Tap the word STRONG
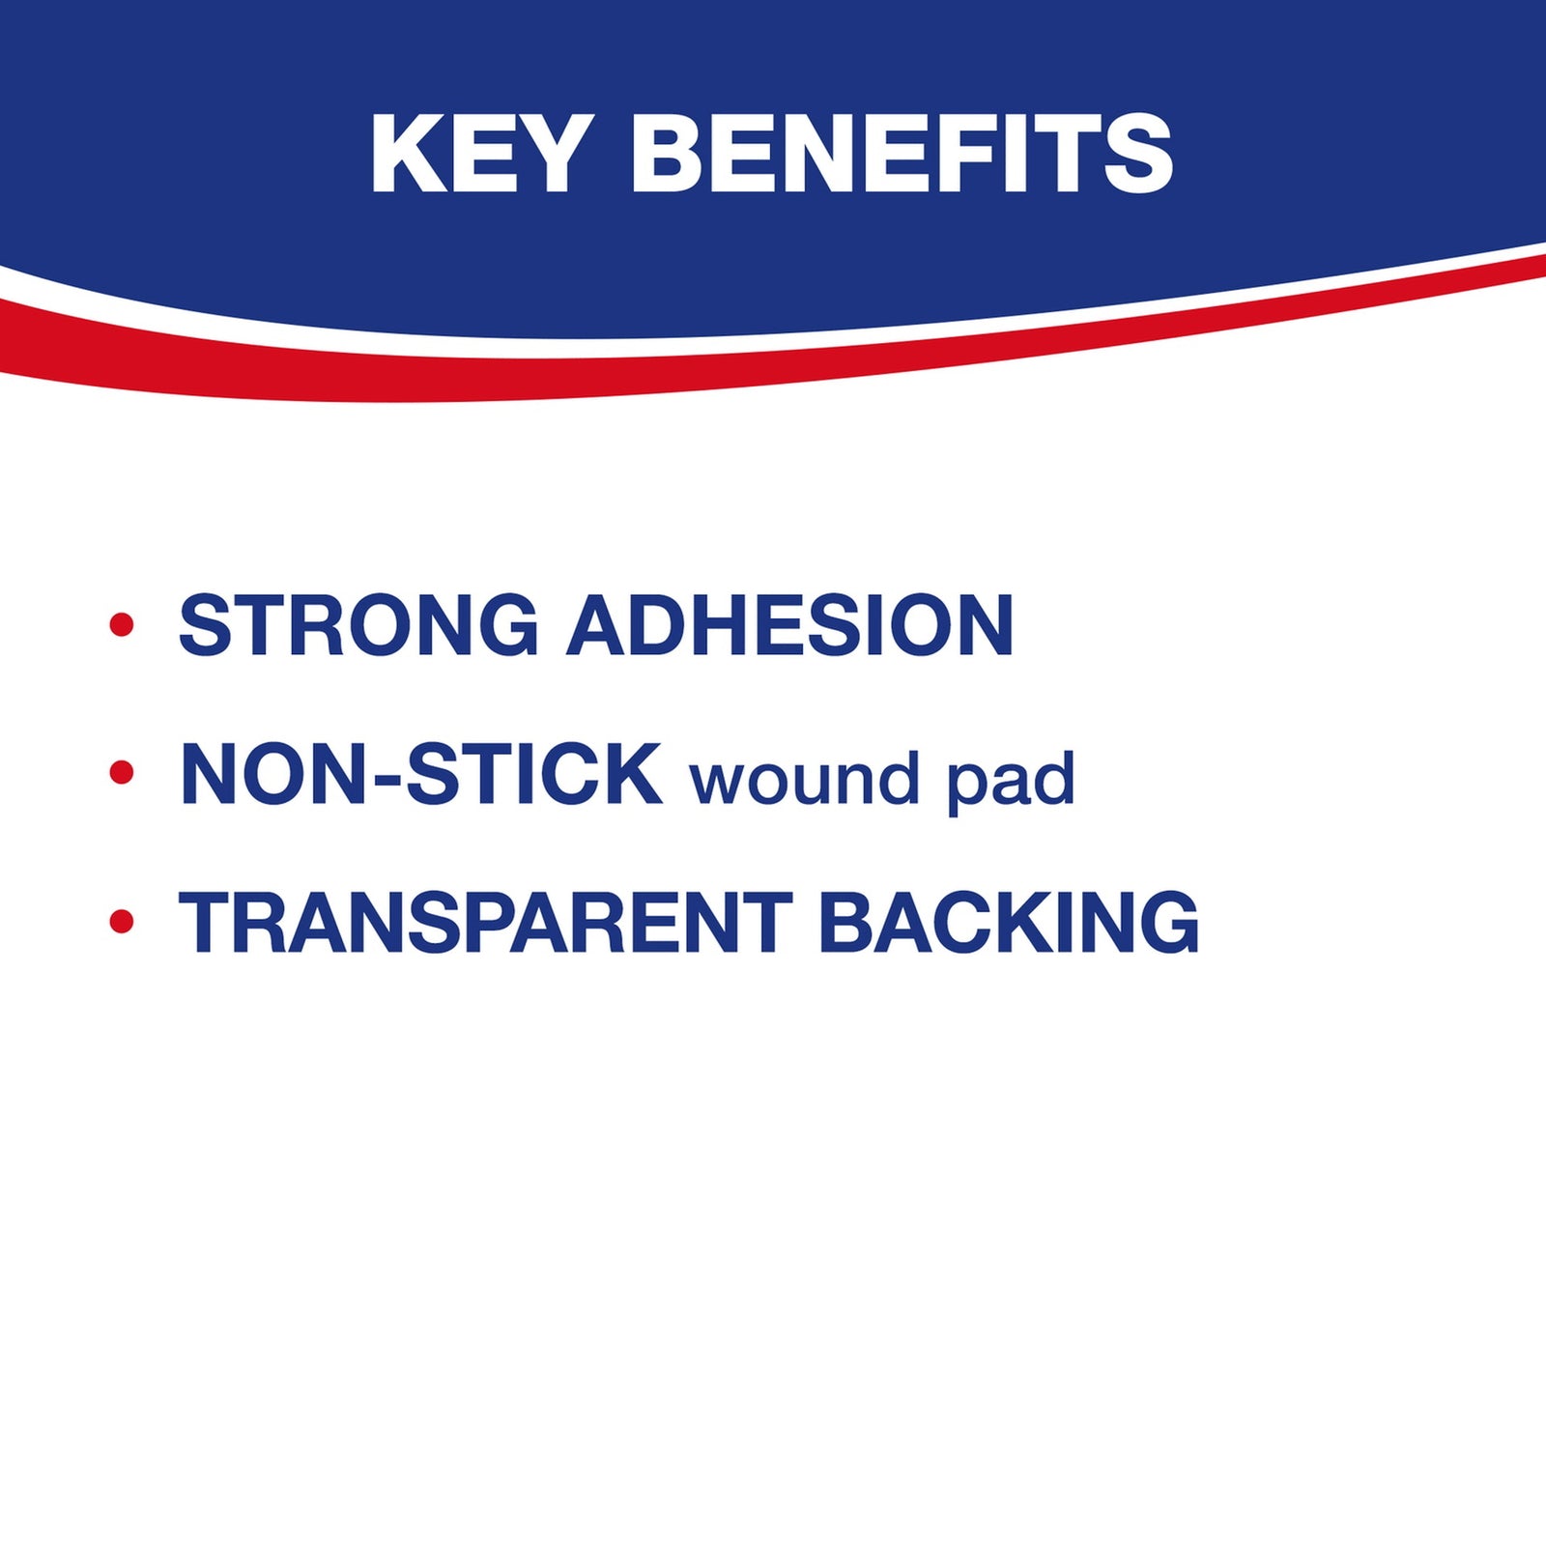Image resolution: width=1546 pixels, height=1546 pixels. tap(358, 625)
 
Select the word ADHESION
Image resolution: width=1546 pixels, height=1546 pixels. tap(789, 625)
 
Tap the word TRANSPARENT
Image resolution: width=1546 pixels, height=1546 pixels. tap(486, 922)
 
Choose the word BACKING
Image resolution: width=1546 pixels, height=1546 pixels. tap(1009, 922)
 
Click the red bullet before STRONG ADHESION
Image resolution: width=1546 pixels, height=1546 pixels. tap(122, 624)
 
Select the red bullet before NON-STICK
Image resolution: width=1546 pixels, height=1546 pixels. tap(122, 772)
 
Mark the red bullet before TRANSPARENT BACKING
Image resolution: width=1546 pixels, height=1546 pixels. tap(122, 921)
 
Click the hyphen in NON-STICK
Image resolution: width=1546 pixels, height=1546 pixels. tap(386, 781)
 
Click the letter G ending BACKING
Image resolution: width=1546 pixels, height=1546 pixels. tap(1164, 922)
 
